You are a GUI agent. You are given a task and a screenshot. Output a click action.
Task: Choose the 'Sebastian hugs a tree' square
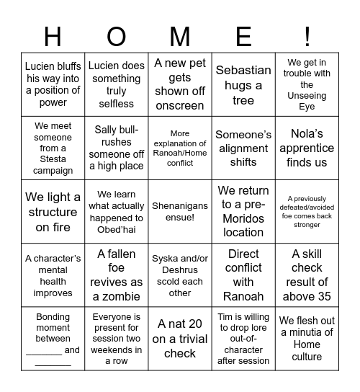[243, 85]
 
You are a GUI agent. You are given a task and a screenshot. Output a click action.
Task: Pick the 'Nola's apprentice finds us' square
[307, 148]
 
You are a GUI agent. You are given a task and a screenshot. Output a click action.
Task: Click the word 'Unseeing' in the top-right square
[307, 96]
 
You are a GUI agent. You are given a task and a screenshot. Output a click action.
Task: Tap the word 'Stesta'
[53, 160]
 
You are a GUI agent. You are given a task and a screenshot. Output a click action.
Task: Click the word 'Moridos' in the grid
[243, 218]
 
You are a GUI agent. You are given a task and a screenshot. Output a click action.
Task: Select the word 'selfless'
[117, 104]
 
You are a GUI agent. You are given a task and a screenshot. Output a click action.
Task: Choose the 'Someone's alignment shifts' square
[243, 148]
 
